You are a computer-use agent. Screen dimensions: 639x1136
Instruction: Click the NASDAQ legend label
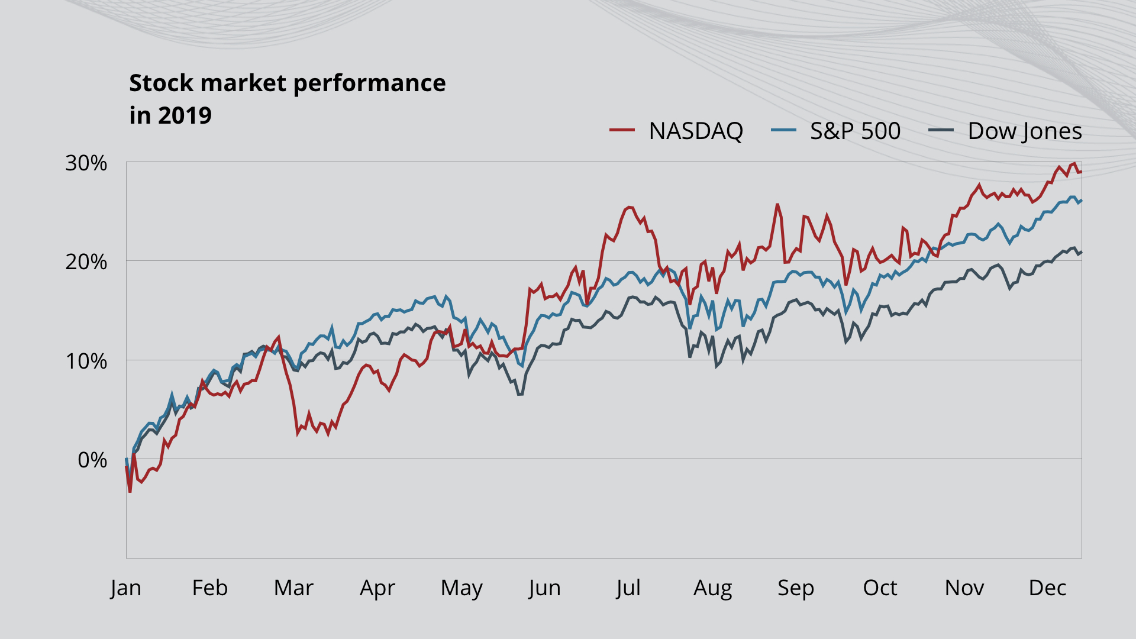tap(696, 131)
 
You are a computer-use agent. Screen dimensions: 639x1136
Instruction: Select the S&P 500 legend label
tap(855, 131)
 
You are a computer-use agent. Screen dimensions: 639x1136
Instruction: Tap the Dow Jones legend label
tap(1025, 131)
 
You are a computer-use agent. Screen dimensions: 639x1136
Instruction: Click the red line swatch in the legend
tap(622, 130)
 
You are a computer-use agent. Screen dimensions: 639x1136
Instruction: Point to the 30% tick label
tap(86, 163)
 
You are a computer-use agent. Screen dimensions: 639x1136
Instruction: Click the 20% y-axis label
tap(86, 262)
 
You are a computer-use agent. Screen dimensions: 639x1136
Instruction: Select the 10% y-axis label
tap(86, 361)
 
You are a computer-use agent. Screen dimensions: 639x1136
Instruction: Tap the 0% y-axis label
tap(92, 460)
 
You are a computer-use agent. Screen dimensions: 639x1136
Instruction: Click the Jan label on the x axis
tap(125, 588)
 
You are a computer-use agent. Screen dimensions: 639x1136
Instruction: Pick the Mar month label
tap(293, 588)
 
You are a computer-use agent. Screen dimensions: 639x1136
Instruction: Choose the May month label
tap(461, 588)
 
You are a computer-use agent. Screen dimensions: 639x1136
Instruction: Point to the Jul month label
tap(628, 588)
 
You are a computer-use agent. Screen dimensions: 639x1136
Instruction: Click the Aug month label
tap(713, 588)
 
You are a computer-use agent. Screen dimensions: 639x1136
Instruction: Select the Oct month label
tap(880, 588)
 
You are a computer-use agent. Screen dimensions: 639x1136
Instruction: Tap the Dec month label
tap(1047, 588)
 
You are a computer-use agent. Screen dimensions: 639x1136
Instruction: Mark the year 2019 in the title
tap(185, 115)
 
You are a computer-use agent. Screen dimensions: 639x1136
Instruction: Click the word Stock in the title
tap(162, 83)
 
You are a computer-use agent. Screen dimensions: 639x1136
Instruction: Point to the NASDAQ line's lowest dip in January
tap(130, 492)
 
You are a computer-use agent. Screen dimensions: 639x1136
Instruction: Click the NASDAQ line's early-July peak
tap(629, 207)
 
